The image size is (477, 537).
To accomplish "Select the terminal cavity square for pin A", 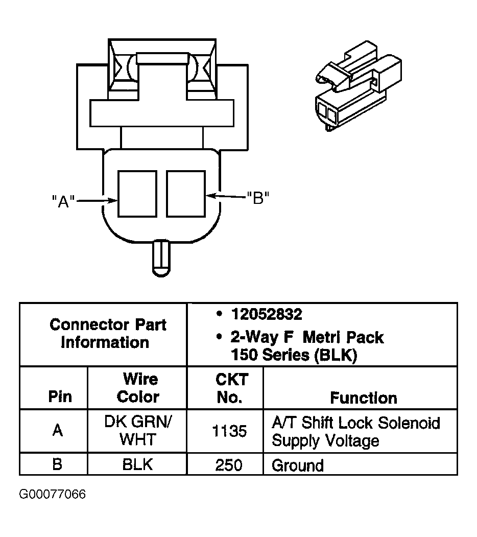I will [x=137, y=194].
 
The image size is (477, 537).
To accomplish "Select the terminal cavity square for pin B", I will [x=186, y=194].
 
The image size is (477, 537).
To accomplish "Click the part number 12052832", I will [x=266, y=314].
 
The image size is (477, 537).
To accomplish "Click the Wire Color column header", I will [x=138, y=388].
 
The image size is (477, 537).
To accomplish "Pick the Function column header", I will [x=363, y=398].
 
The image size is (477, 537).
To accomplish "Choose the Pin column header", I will [x=60, y=397].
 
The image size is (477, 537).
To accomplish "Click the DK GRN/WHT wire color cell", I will [x=138, y=431].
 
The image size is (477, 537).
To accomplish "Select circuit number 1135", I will [x=229, y=432].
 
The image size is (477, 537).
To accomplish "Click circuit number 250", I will [x=229, y=465].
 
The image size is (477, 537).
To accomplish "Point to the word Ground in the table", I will [x=298, y=465].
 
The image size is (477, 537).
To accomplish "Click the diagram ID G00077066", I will [x=53, y=495].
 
